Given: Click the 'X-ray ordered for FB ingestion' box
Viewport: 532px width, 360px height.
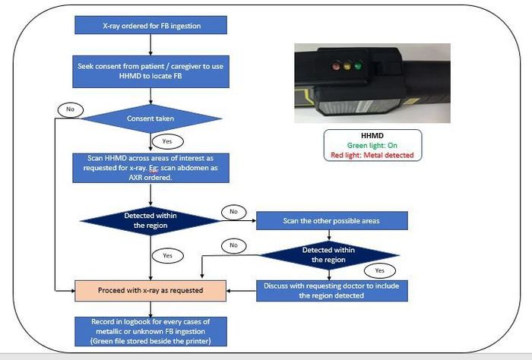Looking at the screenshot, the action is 150,25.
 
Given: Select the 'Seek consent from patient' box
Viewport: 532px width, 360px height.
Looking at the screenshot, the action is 150,71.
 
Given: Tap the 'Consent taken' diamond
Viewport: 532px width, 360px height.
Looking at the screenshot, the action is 150,118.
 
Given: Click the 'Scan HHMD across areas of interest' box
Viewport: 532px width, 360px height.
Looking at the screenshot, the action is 150,168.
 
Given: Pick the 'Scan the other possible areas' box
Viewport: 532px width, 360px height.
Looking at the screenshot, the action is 332,221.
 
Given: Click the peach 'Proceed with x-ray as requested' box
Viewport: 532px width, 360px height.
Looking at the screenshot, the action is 150,291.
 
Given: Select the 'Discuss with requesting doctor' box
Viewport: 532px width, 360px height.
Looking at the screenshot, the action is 332,291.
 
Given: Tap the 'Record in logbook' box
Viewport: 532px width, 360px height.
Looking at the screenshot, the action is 150,331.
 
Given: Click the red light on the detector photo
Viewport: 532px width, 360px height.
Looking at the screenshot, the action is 336,65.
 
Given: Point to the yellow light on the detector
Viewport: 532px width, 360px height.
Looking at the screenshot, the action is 347,65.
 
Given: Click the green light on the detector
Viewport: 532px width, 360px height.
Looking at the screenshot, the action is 358,65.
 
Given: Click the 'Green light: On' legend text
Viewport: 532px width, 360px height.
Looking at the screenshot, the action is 372,145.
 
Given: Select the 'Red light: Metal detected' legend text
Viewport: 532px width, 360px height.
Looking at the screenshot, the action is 372,155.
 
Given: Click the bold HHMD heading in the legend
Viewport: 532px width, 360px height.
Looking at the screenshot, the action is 372,136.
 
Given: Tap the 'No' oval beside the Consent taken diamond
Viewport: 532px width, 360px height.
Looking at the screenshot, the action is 70,109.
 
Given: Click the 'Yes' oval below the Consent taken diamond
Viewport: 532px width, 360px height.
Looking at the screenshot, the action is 167,141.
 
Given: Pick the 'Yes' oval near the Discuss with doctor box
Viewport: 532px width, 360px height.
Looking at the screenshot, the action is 380,270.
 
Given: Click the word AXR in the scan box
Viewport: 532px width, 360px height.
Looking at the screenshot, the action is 136,177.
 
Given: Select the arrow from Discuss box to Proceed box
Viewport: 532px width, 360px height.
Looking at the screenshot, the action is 241,291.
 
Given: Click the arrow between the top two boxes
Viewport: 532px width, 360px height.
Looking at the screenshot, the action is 150,45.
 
